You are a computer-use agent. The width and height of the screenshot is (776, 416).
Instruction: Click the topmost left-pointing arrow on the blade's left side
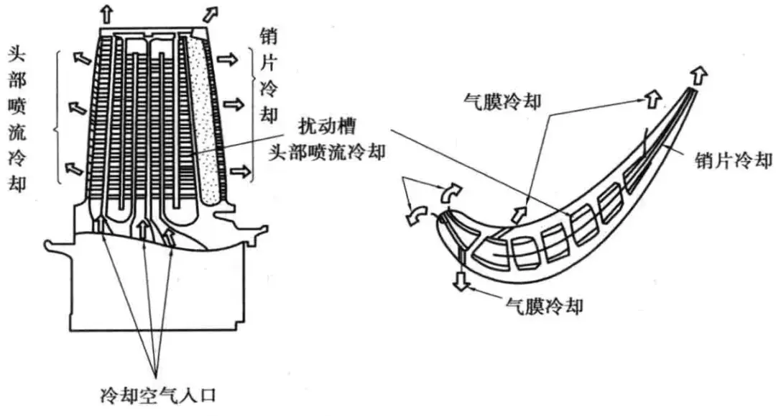pos(80,58)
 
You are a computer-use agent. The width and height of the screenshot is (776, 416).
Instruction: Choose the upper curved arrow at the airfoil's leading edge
pos(450,191)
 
